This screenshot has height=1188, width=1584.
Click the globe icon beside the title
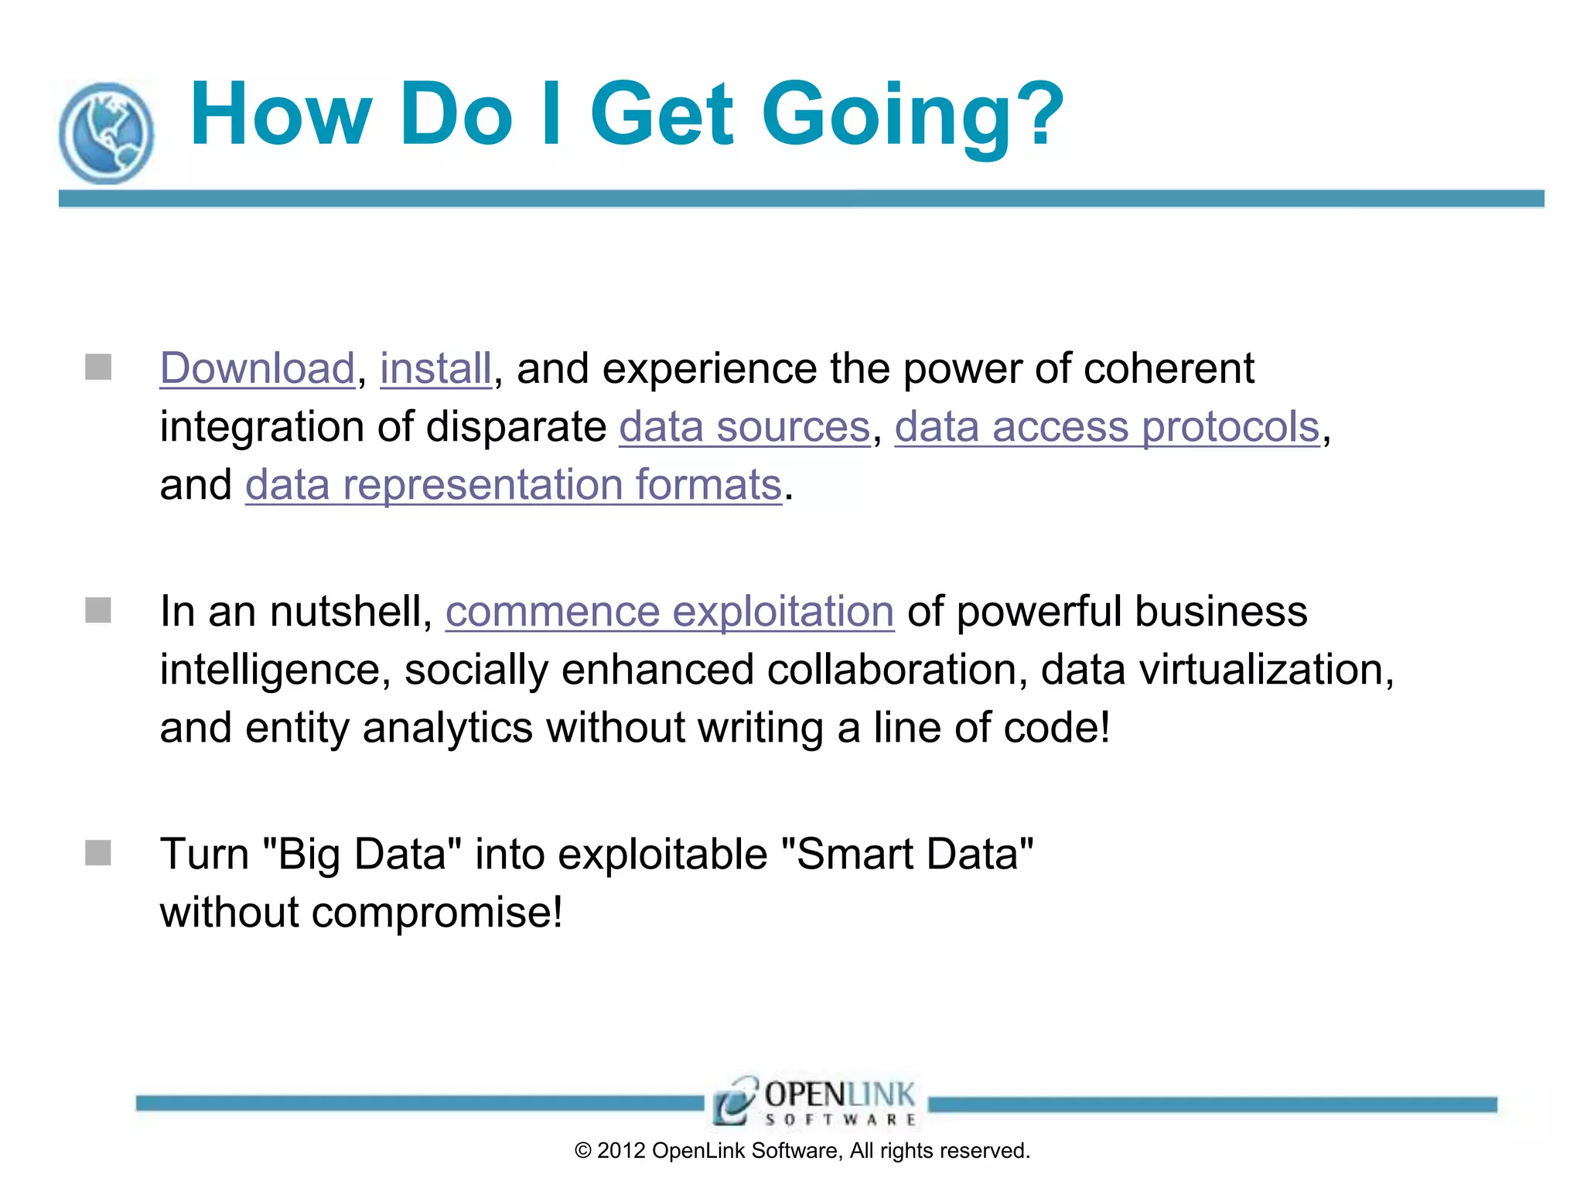click(x=106, y=132)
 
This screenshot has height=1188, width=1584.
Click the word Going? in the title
click(x=913, y=116)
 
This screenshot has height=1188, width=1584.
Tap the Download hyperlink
click(x=257, y=368)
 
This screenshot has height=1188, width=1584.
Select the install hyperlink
click(x=435, y=368)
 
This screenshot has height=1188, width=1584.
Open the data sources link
click(x=744, y=427)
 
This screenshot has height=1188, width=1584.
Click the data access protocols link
click(x=1107, y=427)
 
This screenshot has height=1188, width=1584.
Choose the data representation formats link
click(x=514, y=485)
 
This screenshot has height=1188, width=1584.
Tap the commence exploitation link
click(x=670, y=611)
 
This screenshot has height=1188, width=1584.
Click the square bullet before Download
click(x=98, y=367)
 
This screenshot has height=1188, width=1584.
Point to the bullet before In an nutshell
click(x=98, y=609)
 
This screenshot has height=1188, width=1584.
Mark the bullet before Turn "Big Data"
click(x=98, y=853)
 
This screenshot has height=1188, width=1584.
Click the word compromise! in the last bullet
click(x=437, y=913)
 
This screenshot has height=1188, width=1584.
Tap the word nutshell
click(x=350, y=611)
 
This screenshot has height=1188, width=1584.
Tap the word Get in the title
click(x=661, y=116)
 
